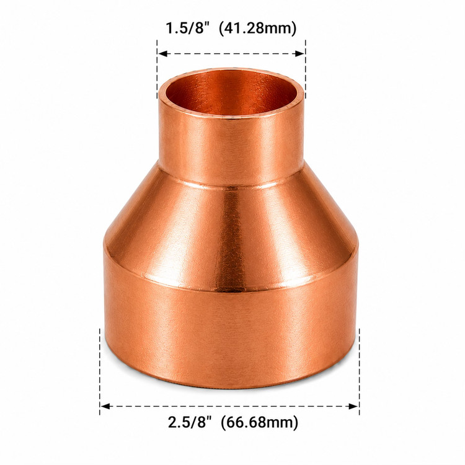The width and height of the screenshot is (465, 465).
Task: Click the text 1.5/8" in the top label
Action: [188, 29]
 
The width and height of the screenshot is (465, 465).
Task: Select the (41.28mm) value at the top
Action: [257, 29]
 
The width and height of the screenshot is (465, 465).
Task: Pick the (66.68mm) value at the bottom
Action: [259, 423]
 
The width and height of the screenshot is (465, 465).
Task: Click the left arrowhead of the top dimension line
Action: [162, 54]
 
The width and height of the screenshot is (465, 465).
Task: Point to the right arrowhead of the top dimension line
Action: [300, 54]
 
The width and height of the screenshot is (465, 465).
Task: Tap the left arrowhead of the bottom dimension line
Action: [105, 406]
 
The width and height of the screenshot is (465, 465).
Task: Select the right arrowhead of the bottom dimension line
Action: [354, 406]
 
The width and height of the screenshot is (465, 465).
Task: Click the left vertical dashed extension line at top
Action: [157, 69]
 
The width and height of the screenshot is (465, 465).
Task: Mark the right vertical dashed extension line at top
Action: [306, 69]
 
